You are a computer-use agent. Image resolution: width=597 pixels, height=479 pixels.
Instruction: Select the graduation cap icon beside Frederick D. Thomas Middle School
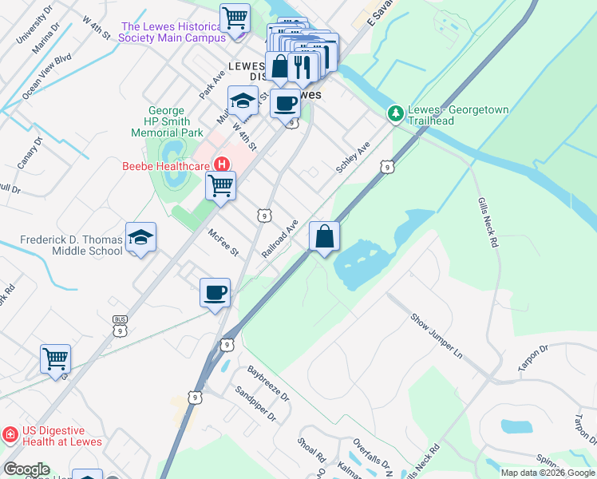click(140, 238)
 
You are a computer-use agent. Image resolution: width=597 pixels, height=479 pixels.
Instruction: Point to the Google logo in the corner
click(26, 469)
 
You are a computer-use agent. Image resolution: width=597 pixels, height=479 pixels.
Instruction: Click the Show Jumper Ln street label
click(437, 335)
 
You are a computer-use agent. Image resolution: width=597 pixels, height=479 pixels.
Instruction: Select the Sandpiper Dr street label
click(255, 405)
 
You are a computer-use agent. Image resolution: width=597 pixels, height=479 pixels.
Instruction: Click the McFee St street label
click(223, 243)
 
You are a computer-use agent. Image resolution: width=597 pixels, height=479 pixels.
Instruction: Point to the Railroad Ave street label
click(280, 239)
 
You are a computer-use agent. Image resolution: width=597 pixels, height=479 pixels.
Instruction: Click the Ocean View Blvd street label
click(47, 77)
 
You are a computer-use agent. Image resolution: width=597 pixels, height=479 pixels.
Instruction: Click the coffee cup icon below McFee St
click(215, 293)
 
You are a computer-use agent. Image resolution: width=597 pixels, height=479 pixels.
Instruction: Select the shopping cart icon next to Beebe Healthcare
click(220, 186)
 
